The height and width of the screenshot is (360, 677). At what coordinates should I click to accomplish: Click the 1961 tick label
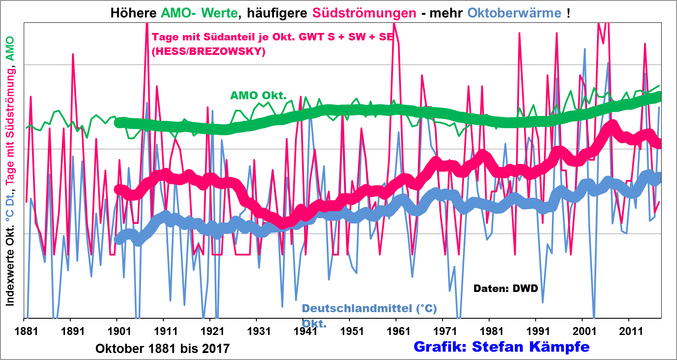pyautogui.click(x=399, y=331)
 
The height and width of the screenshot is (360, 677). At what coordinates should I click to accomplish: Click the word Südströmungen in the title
pyautogui.click(x=364, y=13)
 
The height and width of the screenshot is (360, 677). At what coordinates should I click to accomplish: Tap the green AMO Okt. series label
pyautogui.click(x=258, y=95)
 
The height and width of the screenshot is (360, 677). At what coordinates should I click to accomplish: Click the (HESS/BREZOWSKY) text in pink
pyautogui.click(x=209, y=51)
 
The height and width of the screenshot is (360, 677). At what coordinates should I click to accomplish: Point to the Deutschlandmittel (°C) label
pyautogui.click(x=369, y=308)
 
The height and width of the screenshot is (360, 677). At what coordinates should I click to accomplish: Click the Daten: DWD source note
pyautogui.click(x=506, y=288)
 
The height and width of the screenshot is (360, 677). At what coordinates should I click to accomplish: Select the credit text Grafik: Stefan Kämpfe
pyautogui.click(x=501, y=347)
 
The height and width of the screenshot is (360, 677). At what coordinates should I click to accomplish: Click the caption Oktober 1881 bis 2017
pyautogui.click(x=162, y=349)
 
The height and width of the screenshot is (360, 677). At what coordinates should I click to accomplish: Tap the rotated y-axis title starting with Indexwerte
pyautogui.click(x=10, y=171)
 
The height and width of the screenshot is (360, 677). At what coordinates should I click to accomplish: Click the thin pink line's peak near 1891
pyautogui.click(x=73, y=54)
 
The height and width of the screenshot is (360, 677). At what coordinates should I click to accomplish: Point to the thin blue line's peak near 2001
pyautogui.click(x=585, y=49)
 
